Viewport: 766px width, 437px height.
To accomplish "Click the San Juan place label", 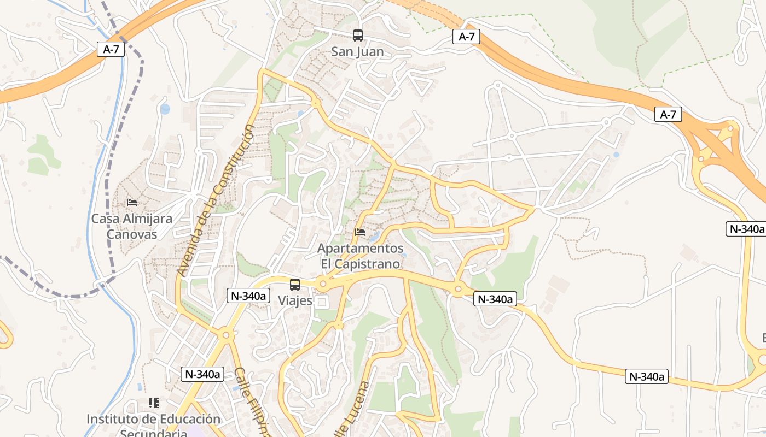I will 357,52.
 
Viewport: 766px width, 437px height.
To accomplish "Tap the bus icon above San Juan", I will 357,36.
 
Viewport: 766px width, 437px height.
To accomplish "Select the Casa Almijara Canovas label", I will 131,226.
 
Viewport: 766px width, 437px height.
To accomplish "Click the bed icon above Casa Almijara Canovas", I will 131,203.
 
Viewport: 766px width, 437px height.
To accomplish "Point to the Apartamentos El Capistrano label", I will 361,256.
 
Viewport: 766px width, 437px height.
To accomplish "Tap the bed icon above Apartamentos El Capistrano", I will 360,232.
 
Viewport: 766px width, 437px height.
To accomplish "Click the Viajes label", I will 295,300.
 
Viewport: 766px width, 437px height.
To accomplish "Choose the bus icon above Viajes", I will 295,284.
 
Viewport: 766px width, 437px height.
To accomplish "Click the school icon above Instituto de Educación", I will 154,403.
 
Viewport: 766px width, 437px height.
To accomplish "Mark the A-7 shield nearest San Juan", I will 466,37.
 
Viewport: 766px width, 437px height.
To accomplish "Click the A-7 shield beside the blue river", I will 111,49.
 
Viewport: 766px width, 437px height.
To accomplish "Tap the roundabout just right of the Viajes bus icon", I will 323,284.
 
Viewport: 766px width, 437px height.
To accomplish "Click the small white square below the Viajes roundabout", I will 322,302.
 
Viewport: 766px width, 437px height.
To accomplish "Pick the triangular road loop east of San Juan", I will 421,85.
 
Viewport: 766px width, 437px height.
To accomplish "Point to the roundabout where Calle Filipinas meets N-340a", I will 225,334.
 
